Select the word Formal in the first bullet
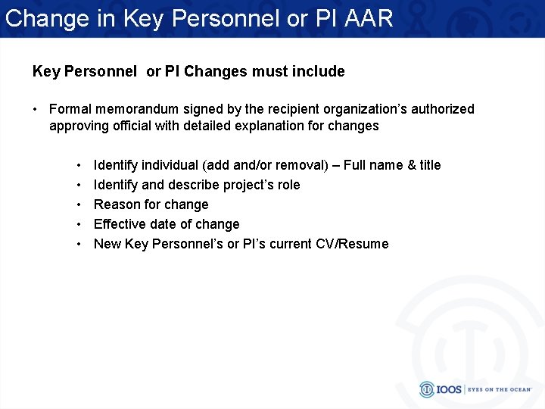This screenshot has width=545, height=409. [71, 109]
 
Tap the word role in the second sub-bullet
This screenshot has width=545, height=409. [286, 185]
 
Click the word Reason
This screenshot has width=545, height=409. [116, 204]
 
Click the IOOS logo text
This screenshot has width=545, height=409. [451, 389]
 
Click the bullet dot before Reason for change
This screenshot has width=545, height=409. [79, 204]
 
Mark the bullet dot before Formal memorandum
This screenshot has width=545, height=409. [36, 109]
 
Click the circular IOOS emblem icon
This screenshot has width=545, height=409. [428, 389]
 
